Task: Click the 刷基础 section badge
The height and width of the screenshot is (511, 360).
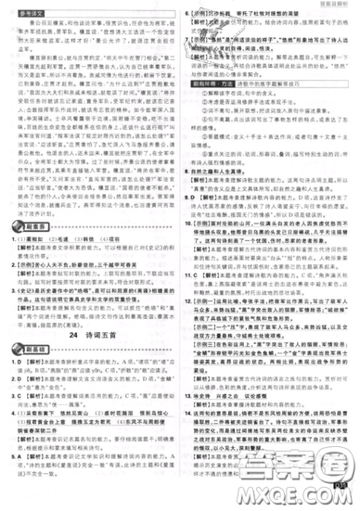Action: coord(28,376)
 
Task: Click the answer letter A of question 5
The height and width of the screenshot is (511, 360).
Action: coord(20,483)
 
